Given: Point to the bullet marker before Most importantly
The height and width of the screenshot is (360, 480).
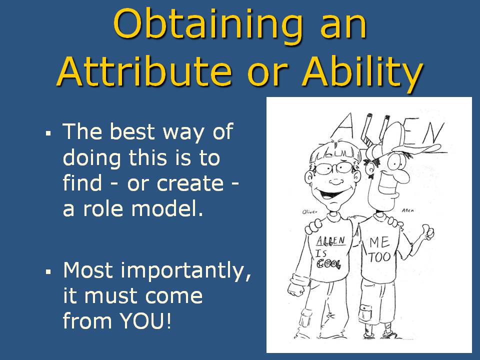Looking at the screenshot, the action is click(x=48, y=271).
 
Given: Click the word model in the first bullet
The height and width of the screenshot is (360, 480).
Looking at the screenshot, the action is click(x=167, y=208).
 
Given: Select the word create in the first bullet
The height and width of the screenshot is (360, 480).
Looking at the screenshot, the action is click(x=190, y=183).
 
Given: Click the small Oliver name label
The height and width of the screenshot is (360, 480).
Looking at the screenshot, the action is click(x=309, y=211).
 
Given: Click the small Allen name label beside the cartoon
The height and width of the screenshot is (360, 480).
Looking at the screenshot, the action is click(x=408, y=210).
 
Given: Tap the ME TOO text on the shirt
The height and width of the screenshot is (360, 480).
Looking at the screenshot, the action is click(x=379, y=250).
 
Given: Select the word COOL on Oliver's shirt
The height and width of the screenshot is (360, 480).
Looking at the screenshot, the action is click(x=328, y=263).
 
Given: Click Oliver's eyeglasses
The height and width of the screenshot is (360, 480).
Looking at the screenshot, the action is click(x=336, y=168).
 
